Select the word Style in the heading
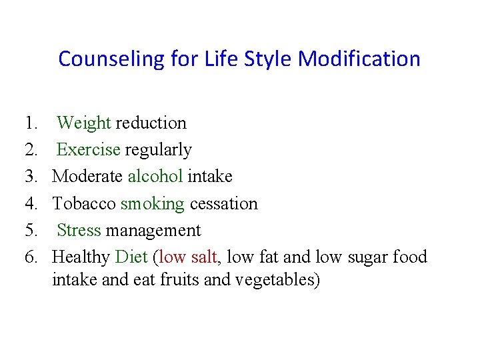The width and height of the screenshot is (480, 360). tap(269, 59)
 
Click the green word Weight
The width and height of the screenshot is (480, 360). tap(84, 123)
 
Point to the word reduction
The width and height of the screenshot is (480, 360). tap(151, 123)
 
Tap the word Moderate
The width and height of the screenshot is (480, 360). tap(87, 177)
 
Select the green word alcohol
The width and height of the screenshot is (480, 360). tap(155, 177)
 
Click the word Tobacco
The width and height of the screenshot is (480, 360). tap(84, 203)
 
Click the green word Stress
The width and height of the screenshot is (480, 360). tap(79, 231)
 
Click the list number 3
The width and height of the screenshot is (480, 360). tap(31, 177)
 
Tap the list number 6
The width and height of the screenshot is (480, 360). tap(31, 257)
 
